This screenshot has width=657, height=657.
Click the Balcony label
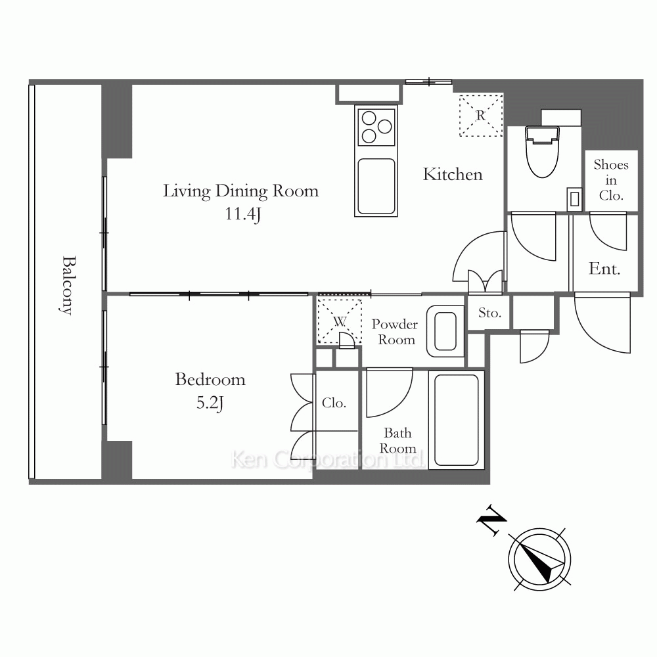click(x=67, y=285)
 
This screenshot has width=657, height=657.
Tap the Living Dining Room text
click(x=240, y=191)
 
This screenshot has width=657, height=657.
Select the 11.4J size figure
click(x=243, y=214)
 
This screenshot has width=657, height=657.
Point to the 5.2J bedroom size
click(x=210, y=403)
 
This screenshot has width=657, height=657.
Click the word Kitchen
click(x=453, y=174)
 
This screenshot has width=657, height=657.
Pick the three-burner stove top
click(x=376, y=127)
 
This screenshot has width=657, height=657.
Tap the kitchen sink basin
click(x=376, y=186)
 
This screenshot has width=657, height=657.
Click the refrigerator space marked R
click(x=481, y=115)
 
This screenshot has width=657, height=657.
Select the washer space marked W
click(x=340, y=321)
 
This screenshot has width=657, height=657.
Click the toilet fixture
click(x=543, y=151)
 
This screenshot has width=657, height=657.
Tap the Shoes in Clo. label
click(x=611, y=180)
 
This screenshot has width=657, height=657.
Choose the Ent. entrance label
click(x=604, y=269)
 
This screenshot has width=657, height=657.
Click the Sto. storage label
click(x=490, y=313)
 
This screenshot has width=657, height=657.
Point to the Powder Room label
click(x=395, y=332)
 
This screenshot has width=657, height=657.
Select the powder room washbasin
click(x=445, y=331)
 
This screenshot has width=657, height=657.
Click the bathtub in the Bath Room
click(x=457, y=420)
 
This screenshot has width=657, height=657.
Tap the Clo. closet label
click(x=334, y=403)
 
